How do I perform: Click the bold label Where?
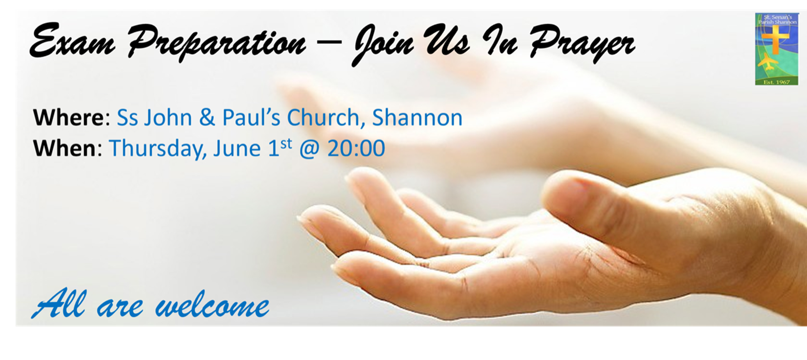tap(68, 117)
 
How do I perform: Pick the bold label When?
tap(64, 148)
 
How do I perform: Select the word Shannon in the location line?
tap(417, 117)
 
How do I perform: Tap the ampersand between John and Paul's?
tap(207, 118)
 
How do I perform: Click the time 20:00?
tap(356, 148)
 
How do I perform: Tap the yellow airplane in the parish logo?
tap(771, 63)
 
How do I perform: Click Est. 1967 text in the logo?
tap(776, 82)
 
